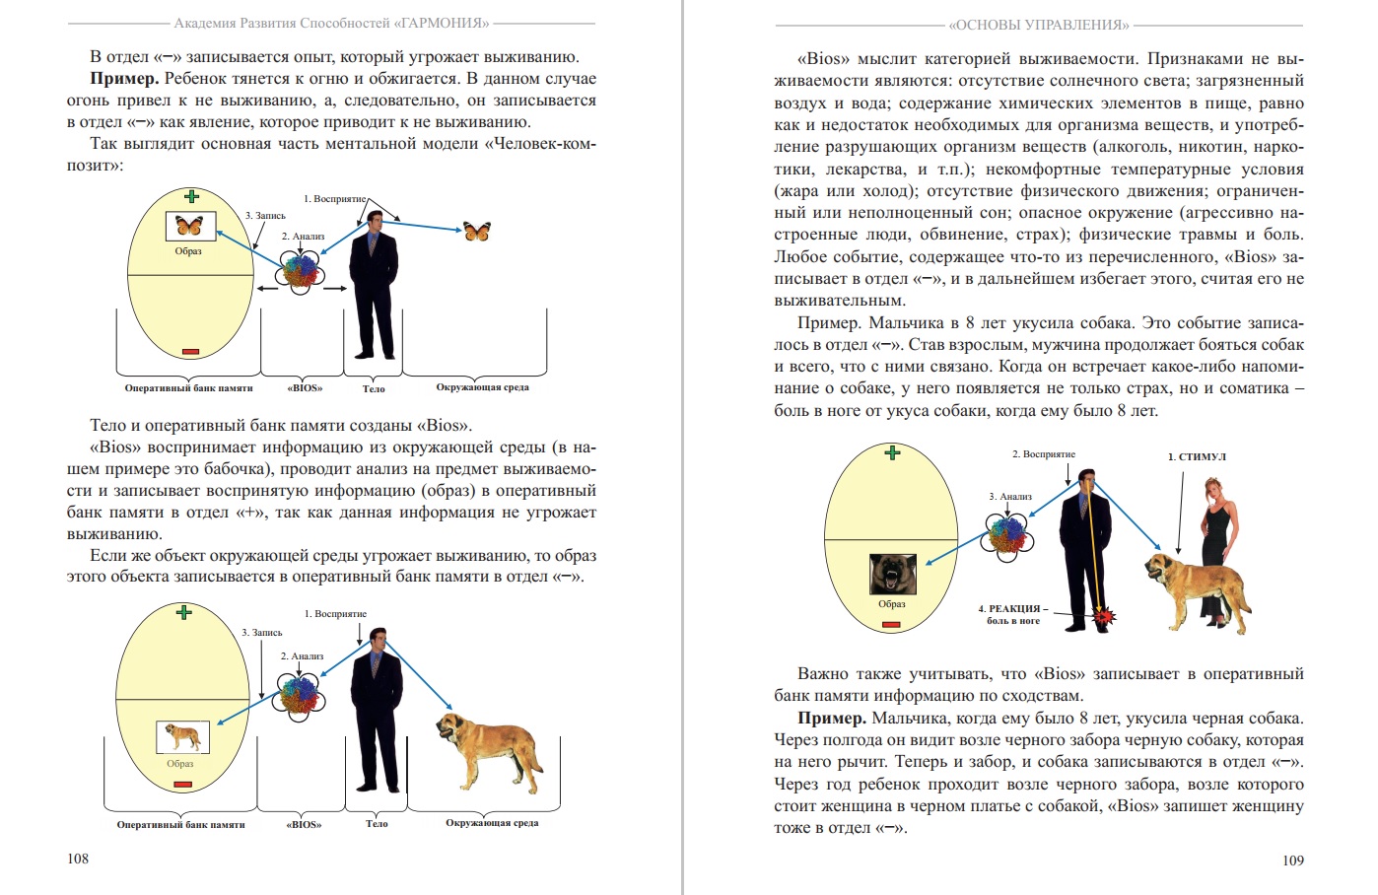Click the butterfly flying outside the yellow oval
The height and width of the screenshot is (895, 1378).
pyautogui.click(x=477, y=231)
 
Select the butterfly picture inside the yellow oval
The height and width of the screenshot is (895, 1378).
pyautogui.click(x=189, y=226)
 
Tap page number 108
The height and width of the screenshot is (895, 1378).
pyautogui.click(x=78, y=859)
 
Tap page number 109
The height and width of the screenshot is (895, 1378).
pyautogui.click(x=1292, y=861)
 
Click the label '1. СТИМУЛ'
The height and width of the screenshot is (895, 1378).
pyautogui.click(x=1197, y=457)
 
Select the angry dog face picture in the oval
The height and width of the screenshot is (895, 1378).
pyautogui.click(x=892, y=574)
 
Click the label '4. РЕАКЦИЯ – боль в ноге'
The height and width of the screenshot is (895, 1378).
pyautogui.click(x=1013, y=614)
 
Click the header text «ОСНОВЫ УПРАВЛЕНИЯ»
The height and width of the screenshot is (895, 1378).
pyautogui.click(x=1039, y=25)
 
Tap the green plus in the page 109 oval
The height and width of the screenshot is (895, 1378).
pyautogui.click(x=893, y=453)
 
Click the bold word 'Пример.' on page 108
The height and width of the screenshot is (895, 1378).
pyautogui.click(x=124, y=79)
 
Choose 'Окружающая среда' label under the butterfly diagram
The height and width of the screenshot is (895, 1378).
pyautogui.click(x=482, y=387)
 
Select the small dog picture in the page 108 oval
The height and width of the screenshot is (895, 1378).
pyautogui.click(x=182, y=736)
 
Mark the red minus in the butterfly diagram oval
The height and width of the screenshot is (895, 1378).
pyautogui.click(x=190, y=352)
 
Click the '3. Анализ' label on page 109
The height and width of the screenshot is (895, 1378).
pyautogui.click(x=1009, y=497)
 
